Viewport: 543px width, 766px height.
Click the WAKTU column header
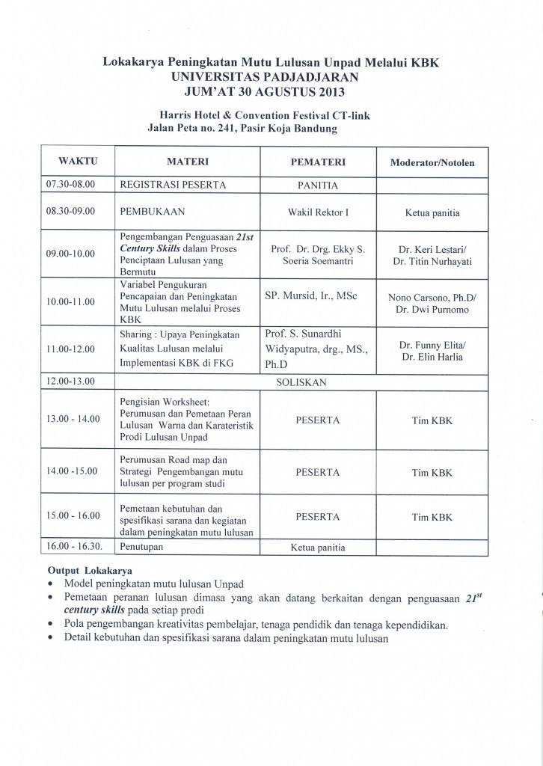tap(78, 161)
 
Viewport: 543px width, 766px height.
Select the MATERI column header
tap(187, 161)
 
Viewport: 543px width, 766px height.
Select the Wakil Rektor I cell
tap(318, 212)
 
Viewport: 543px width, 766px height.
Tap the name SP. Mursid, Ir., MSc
tap(311, 295)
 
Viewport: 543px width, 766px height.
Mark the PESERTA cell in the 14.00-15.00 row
tap(318, 472)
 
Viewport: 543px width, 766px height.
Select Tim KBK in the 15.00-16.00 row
tap(432, 517)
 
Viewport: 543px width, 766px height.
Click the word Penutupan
tap(142, 548)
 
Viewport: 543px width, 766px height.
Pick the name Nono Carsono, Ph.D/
tap(432, 297)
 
